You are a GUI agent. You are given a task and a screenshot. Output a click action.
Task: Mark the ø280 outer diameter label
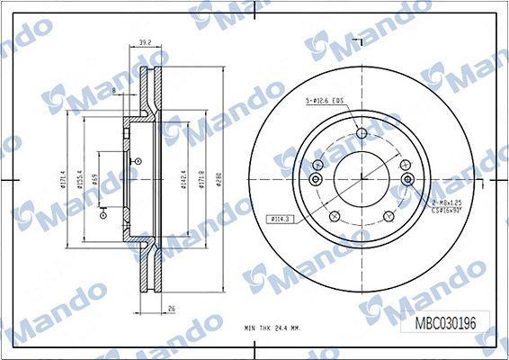click(217, 184)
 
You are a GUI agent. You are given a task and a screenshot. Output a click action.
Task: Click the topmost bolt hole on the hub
click(362, 134)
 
